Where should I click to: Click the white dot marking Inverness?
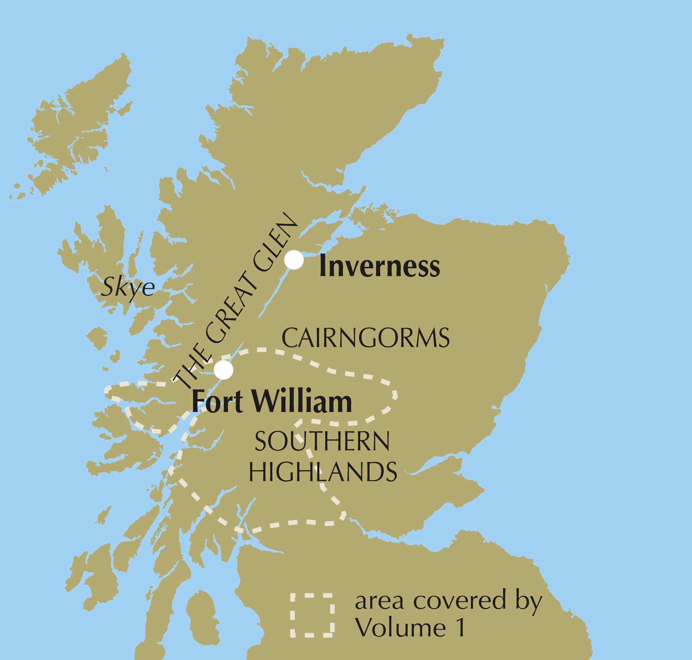point(294,260)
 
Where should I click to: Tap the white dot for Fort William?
point(224,370)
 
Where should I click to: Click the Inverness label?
point(379,266)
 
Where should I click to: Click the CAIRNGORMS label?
point(365,338)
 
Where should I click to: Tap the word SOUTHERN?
point(322,441)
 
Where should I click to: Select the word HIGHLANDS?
point(323,472)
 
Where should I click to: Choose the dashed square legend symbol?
point(312,615)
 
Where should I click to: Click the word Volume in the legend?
point(400,627)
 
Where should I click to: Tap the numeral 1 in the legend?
point(459,627)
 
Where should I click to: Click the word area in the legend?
point(379,602)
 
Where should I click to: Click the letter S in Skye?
point(108,286)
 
